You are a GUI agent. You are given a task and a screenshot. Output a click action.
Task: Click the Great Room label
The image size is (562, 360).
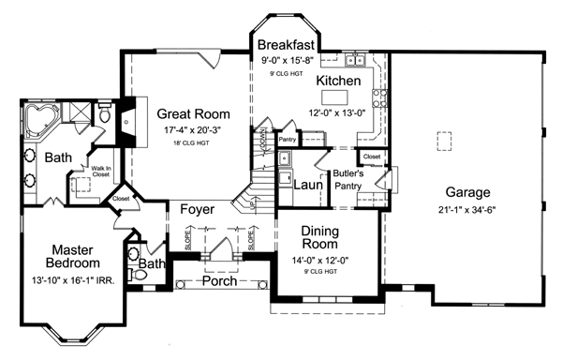click(193, 114)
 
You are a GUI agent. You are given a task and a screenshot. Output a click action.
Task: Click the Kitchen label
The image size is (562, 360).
click(338, 82)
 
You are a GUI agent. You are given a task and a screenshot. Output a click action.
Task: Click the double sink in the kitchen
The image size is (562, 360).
click(355, 62)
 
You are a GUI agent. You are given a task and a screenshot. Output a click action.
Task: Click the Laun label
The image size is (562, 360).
click(308, 185)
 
